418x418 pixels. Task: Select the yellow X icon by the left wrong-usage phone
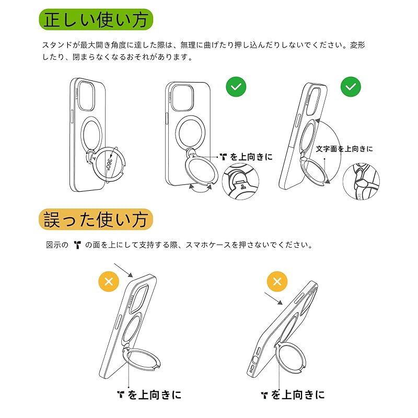coord(109,282)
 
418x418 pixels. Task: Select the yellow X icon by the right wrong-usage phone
coord(277,282)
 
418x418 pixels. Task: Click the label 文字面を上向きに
coord(345,149)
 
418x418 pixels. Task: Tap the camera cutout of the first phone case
coord(85,96)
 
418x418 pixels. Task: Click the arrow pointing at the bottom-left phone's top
coord(123,270)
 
